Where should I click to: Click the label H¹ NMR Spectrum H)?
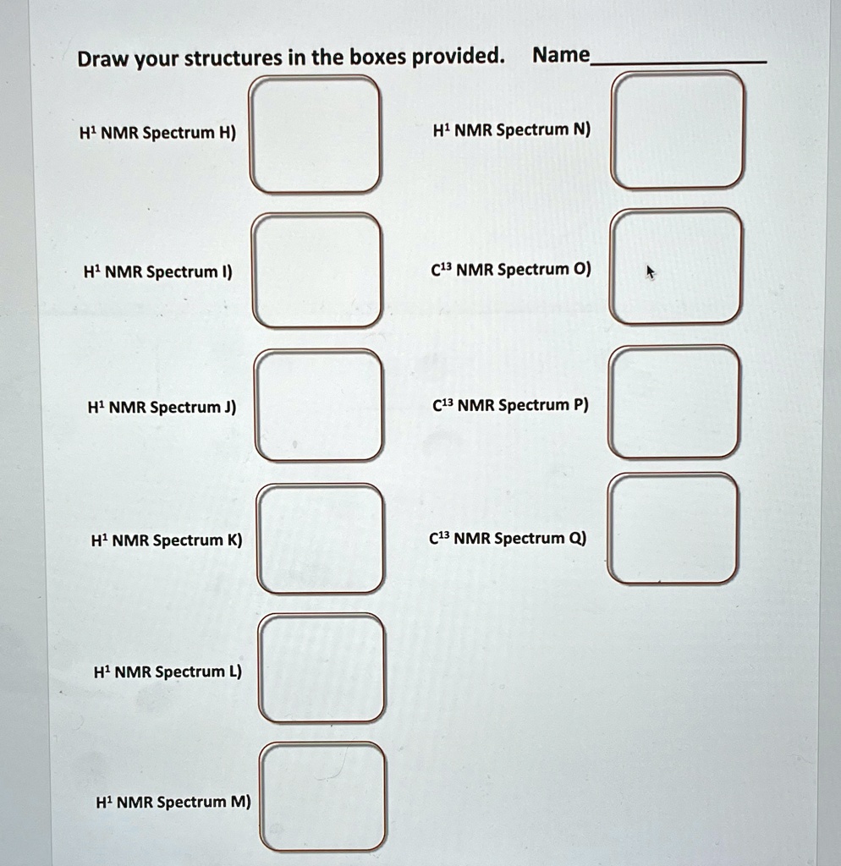tap(157, 133)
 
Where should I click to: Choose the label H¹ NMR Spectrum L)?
tap(167, 671)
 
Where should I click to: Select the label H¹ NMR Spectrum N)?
tap(512, 130)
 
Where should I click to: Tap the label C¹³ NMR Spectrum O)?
tap(511, 270)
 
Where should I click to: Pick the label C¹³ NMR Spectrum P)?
tap(509, 404)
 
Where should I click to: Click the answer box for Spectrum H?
tap(314, 134)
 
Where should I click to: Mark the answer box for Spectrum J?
tap(319, 405)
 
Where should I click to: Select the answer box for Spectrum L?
tap(322, 668)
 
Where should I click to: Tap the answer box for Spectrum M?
tap(323, 797)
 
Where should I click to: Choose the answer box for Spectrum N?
tap(679, 130)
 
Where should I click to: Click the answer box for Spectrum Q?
tap(673, 529)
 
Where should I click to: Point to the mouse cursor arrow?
tap(651, 272)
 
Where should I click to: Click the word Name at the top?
tap(560, 56)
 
